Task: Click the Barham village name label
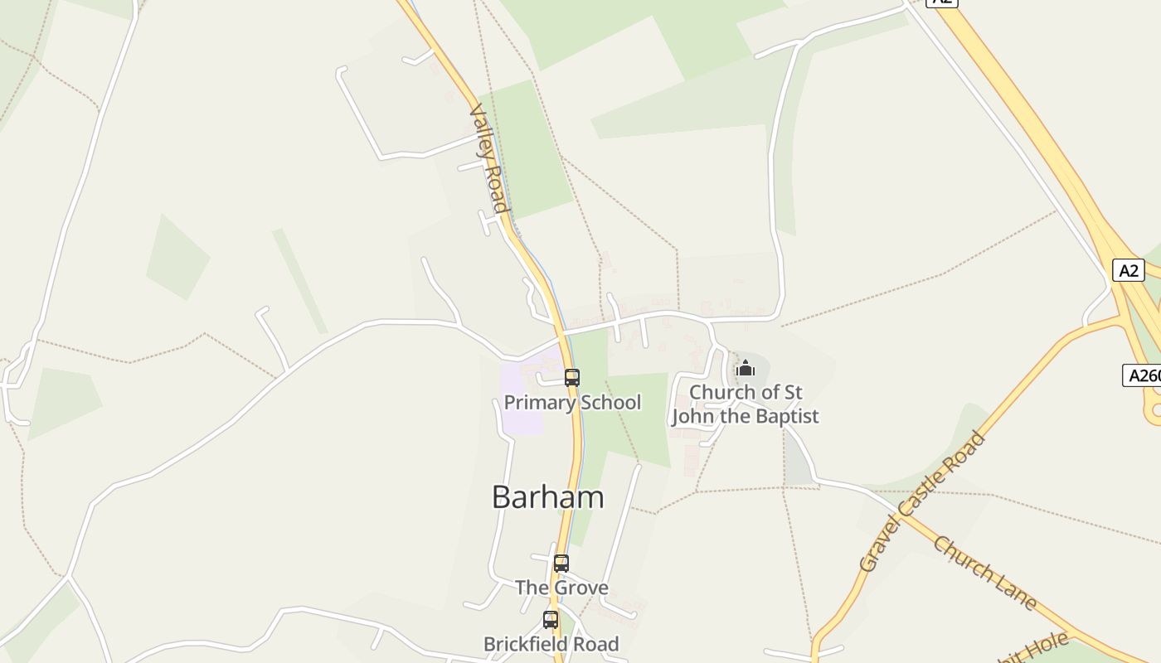point(547,497)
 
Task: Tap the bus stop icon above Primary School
point(571,378)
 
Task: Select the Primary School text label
point(572,403)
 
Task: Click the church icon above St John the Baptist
point(745,368)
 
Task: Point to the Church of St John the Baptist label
point(745,404)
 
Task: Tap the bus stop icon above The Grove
point(561,564)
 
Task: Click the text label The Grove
point(561,588)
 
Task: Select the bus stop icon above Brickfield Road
point(550,619)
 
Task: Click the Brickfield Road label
point(551,644)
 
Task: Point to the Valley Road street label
point(488,158)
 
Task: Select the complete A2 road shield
point(1128,270)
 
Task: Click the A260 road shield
point(1143,375)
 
